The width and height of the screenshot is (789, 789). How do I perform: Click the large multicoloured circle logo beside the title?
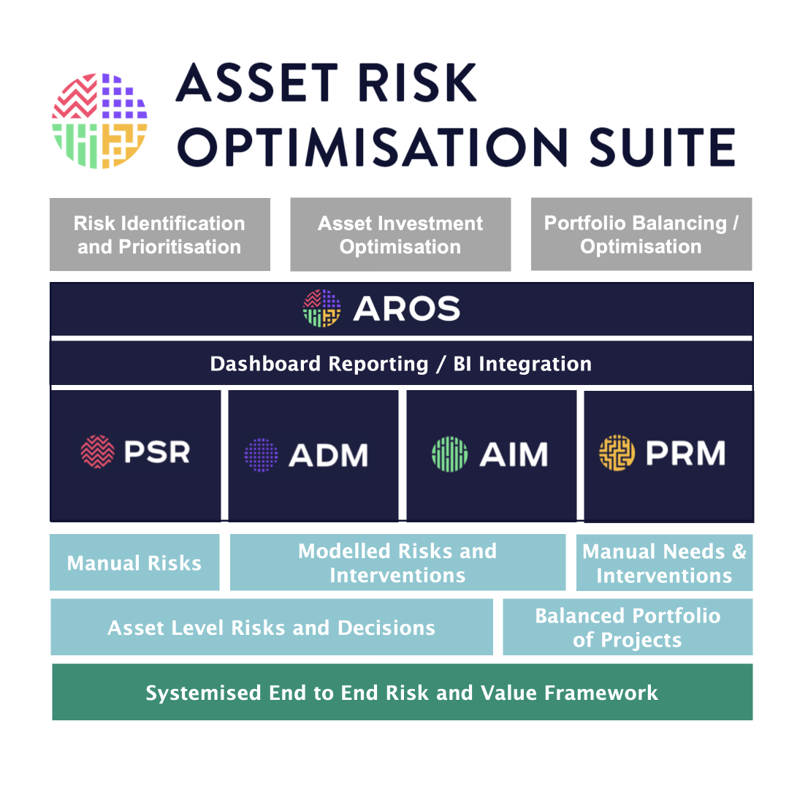99,121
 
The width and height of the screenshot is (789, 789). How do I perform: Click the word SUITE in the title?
662,147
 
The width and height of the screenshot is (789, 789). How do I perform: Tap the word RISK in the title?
417,83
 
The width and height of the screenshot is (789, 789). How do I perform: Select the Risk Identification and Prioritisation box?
160,235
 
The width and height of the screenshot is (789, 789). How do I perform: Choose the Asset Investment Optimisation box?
400,235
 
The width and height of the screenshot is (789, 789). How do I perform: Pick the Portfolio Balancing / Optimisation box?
641,234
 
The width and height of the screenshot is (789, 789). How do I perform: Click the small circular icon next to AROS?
321,308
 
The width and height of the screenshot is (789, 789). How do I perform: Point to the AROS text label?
407,308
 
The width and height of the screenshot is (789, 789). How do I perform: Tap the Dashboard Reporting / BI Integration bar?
402,363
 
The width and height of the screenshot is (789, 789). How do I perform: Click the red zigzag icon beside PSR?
98,452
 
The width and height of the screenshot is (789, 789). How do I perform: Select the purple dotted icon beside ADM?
261,455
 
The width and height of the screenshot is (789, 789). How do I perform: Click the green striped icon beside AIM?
450,454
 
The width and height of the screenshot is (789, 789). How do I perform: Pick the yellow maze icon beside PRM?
617,453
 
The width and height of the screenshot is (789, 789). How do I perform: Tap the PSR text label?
157,452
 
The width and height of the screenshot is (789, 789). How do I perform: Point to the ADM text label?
329,455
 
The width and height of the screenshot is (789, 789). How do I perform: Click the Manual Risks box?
134,562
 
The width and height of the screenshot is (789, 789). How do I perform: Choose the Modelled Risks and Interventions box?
397,562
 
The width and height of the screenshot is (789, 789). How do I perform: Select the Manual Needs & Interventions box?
664,563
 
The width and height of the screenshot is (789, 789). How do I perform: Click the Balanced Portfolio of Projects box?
628,627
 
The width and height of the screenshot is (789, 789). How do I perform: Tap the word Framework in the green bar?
601,693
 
